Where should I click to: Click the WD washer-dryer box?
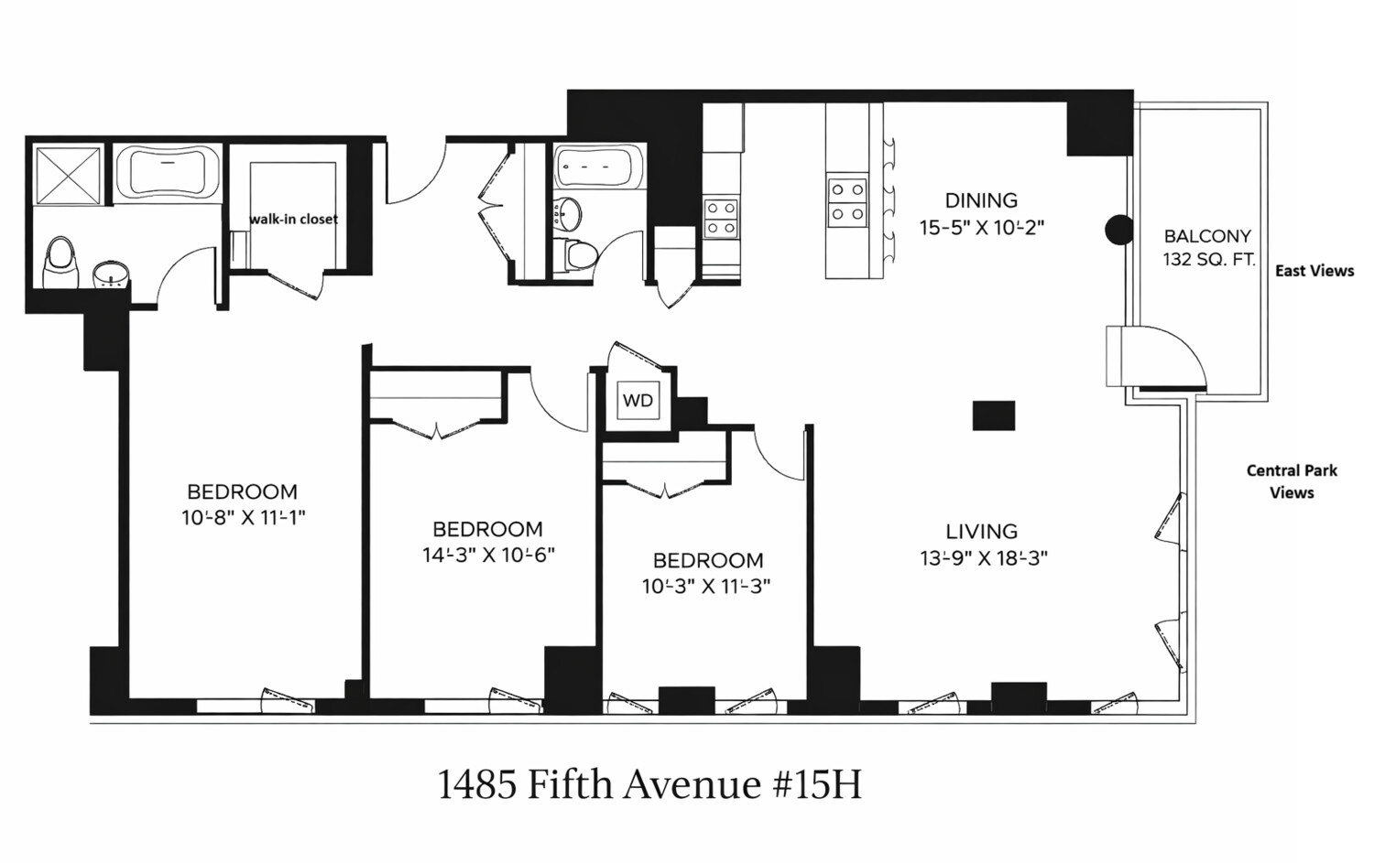point(638,400)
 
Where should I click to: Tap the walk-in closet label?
point(293,220)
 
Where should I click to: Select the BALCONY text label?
point(1207,236)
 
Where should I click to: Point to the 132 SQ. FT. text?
point(1208,260)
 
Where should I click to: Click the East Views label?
point(1314,271)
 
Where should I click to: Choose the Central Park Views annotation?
point(1292,481)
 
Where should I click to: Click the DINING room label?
point(981,200)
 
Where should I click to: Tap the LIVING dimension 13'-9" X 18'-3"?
point(983,557)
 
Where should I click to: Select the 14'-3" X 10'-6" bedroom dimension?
point(488,555)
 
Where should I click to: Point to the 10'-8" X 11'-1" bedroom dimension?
point(243,518)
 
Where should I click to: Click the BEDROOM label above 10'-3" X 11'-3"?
point(707,560)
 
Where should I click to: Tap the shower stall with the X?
point(68,174)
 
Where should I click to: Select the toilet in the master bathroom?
point(60,262)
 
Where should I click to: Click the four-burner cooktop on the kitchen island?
point(846,202)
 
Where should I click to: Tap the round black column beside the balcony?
point(1118,230)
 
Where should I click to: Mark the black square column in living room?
point(993,415)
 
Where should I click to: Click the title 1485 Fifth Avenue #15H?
point(649,785)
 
